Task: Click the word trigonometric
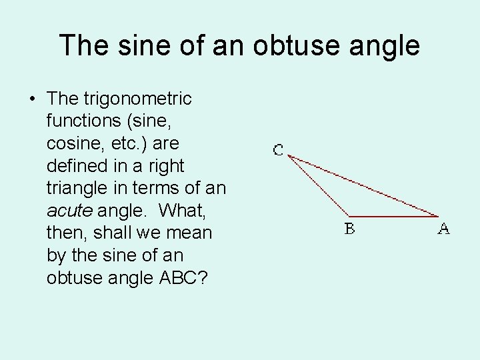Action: click(x=138, y=99)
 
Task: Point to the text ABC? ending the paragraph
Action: click(x=179, y=278)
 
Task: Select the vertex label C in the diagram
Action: click(x=278, y=150)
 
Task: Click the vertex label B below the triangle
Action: click(x=349, y=229)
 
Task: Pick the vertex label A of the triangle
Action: click(x=443, y=229)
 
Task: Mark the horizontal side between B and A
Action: click(x=393, y=216)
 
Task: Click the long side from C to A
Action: click(x=363, y=186)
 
